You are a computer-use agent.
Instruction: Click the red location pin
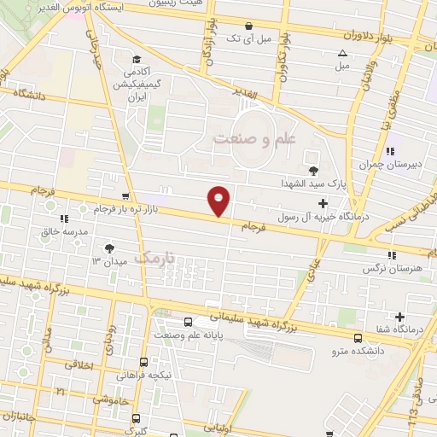(x=219, y=201)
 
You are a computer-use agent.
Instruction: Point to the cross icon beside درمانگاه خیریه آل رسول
(x=322, y=203)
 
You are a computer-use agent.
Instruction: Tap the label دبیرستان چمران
(x=381, y=164)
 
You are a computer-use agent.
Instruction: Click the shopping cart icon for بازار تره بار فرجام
(x=126, y=197)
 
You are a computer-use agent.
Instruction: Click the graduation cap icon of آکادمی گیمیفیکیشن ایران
(x=136, y=61)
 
